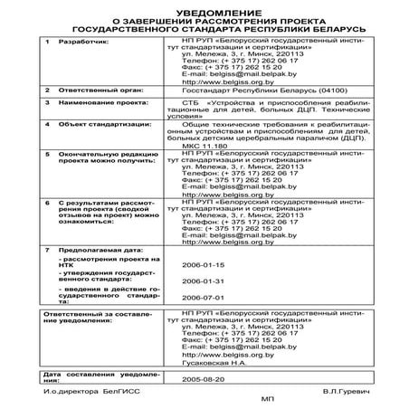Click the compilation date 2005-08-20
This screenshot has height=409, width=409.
[203, 380]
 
